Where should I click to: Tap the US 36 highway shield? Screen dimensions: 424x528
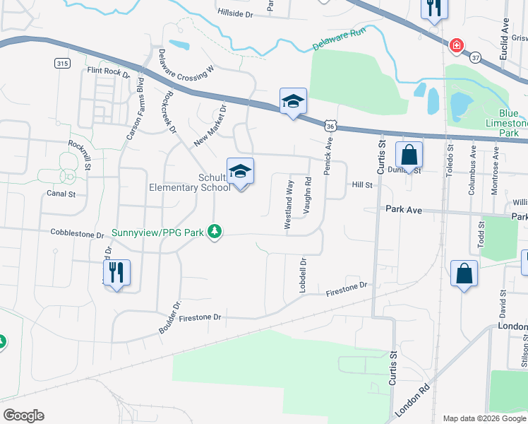(x=330, y=125)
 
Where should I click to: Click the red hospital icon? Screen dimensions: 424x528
(x=457, y=45)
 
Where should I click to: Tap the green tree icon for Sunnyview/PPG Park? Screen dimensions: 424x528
(x=215, y=231)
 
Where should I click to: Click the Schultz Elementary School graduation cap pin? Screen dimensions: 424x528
(x=241, y=172)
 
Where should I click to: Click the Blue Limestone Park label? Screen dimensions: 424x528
(x=508, y=123)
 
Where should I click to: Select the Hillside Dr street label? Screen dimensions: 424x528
(x=234, y=13)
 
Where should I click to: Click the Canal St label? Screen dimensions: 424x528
(x=61, y=193)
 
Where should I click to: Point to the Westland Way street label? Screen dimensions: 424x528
(x=289, y=204)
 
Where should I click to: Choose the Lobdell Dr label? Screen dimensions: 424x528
(x=302, y=271)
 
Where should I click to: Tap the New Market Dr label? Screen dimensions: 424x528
(x=210, y=124)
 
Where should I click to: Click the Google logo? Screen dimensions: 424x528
(x=23, y=416)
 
